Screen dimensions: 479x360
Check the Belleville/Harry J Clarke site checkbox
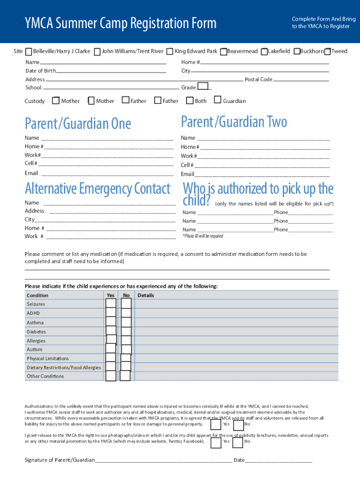29,51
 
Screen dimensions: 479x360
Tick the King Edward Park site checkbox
170,51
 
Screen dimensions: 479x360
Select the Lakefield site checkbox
265,51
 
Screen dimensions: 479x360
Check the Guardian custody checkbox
217,100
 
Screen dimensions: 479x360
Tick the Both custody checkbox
189,100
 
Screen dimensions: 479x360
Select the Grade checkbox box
203,86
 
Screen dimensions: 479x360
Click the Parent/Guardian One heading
78,124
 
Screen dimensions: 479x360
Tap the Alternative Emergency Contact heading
97,189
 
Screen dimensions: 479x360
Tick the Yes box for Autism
111,349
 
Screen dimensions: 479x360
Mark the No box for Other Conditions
125,376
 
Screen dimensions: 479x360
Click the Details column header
145,295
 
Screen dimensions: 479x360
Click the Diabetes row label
36,332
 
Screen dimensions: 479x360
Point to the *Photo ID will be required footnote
202,236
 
